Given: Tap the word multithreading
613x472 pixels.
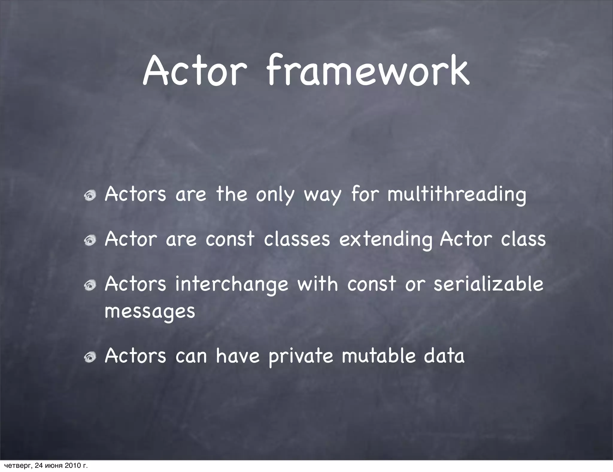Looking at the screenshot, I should pos(456,195).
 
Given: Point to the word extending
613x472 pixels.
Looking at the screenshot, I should pos(386,240).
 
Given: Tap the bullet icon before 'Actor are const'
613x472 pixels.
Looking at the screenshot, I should pos(89,240).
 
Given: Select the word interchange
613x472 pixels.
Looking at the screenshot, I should pos(231,285).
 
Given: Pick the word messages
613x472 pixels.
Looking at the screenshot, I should pos(150,312).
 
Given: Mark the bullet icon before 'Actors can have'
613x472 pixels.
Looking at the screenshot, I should pos(89,357).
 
